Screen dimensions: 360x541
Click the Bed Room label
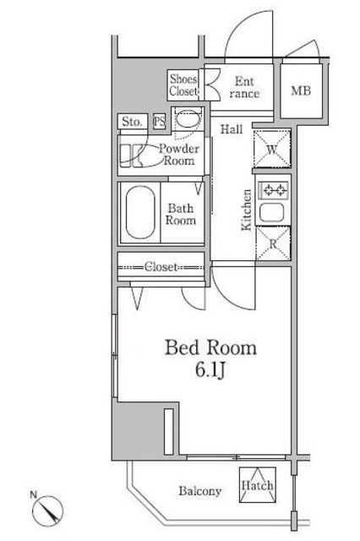pos(210,347)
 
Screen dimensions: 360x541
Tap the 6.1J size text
pos(210,370)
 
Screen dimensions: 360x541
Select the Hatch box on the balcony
pos(258,485)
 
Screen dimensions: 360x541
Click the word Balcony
pos(200,491)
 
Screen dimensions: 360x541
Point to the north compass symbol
pos(47,511)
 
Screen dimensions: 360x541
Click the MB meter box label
pos(301,91)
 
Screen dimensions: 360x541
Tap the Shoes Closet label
pos(183,85)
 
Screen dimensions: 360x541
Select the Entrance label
pos(244,87)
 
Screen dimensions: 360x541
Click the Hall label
pos(232,129)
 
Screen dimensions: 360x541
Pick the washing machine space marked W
pos(272,149)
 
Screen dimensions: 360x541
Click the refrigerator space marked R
pos(273,243)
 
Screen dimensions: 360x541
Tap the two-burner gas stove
pos(274,189)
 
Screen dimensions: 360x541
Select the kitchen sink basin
pos(272,213)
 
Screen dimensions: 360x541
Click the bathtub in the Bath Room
pos(140,212)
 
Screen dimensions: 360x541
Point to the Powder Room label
pos(178,155)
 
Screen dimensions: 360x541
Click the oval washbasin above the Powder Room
pos(188,119)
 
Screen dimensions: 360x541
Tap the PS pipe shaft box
pos(160,122)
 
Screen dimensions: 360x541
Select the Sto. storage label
pos(132,122)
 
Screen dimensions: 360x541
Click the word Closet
pos(161,267)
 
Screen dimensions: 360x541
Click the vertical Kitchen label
pos(246,210)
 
